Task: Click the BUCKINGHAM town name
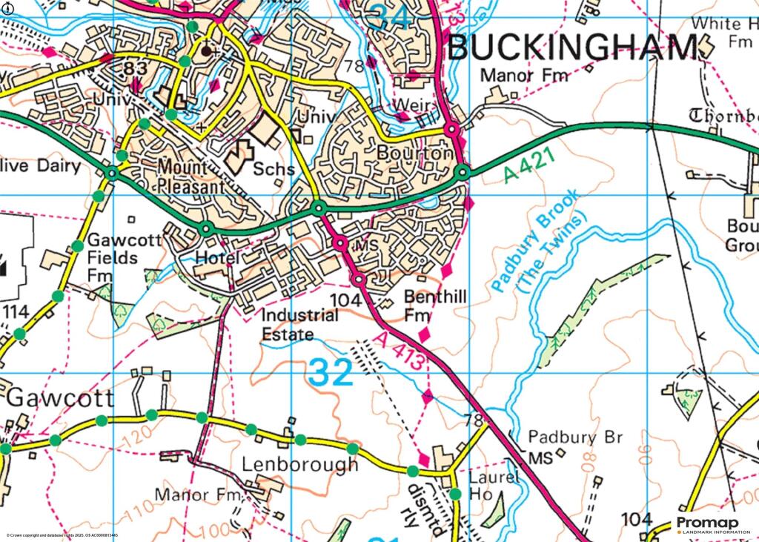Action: click(x=572, y=48)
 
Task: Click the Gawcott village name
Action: click(x=60, y=397)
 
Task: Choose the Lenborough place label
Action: click(x=299, y=465)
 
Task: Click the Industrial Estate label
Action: click(x=299, y=324)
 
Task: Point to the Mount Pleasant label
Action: click(x=189, y=176)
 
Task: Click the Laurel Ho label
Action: click(x=494, y=485)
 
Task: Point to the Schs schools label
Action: click(x=274, y=169)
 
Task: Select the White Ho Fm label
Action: click(x=723, y=33)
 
